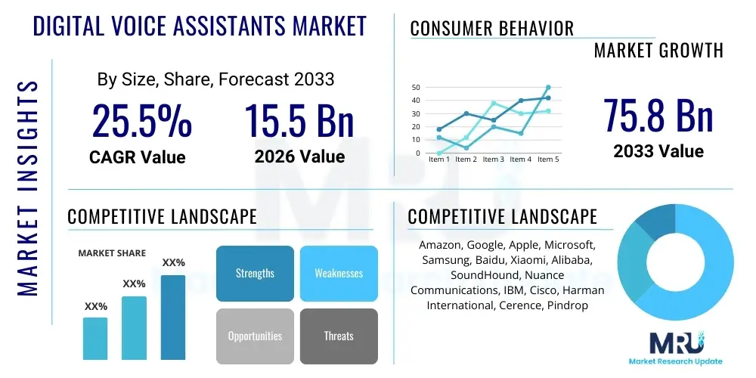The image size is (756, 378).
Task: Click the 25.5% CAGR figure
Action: [141, 120]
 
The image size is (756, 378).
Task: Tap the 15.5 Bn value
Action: [299, 120]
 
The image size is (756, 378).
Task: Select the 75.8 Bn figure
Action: [658, 115]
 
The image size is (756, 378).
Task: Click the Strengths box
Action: [255, 273]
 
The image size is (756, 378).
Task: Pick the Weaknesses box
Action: [339, 273]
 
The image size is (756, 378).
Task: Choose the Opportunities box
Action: [255, 336]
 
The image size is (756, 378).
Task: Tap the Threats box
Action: [339, 336]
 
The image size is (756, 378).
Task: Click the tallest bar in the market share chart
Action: [173, 317]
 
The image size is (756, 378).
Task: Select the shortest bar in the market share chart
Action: [95, 338]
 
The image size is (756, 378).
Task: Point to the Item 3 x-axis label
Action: [493, 160]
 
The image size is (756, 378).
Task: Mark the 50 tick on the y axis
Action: [415, 87]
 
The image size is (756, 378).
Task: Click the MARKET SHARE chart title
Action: [113, 253]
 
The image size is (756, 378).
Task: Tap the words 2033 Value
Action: [658, 151]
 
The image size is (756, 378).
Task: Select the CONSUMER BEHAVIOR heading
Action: [491, 29]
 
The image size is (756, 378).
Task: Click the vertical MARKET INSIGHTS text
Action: [27, 185]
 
